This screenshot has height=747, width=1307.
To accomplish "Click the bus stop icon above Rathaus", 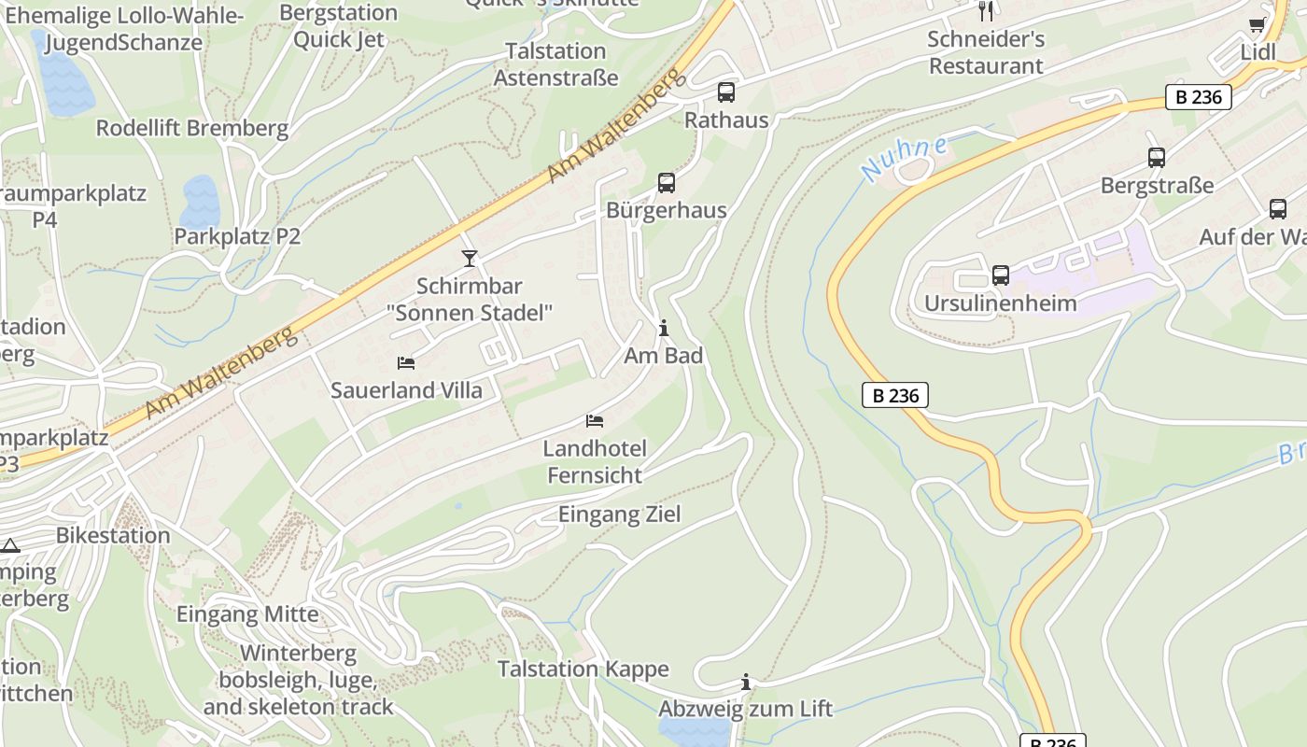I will tap(726, 92).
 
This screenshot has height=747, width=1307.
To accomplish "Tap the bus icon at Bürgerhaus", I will tap(666, 183).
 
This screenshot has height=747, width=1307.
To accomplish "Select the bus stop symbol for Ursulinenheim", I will tap(1001, 275).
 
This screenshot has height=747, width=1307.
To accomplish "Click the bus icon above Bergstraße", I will tap(1157, 158).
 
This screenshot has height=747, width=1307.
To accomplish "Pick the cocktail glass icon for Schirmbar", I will tap(470, 259).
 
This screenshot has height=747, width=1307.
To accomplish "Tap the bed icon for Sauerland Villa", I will tap(406, 362).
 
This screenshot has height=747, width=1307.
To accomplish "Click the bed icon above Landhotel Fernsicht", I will tap(595, 421).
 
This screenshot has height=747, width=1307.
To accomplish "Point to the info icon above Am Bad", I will tap(664, 328).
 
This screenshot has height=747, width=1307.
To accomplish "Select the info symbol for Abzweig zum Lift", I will tap(745, 682).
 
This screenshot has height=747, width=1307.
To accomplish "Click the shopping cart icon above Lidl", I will tap(1258, 25).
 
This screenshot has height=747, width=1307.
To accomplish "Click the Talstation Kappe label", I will tap(583, 669).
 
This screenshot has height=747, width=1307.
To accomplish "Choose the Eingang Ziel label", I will tap(619, 514).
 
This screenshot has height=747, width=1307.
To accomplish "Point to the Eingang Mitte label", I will tap(247, 613).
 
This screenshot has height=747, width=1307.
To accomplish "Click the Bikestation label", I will tap(113, 535).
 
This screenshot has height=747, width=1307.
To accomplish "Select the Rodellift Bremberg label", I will tap(191, 128).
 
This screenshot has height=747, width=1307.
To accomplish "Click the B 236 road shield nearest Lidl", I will tap(1198, 96).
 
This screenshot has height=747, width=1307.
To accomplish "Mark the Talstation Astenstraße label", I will tap(555, 64).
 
